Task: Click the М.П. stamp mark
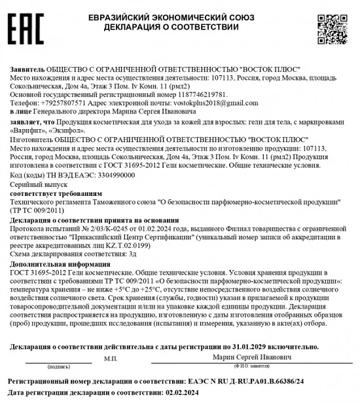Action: click(110, 358)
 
